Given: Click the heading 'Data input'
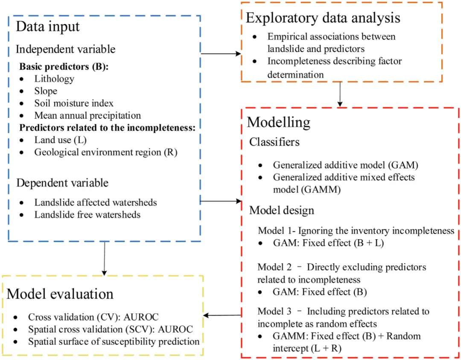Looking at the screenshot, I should point(48,26).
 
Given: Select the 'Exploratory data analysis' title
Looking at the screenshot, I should point(323,18).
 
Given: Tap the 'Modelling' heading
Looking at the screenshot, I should point(279,123).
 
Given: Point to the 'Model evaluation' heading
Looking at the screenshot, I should point(60,294).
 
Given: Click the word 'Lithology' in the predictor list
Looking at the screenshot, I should point(54,79).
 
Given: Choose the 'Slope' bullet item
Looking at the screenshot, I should point(46,91).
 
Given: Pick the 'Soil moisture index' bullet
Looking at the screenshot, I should point(74,103).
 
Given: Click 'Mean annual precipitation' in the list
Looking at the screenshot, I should point(88,115).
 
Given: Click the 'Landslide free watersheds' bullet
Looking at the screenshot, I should point(87,214).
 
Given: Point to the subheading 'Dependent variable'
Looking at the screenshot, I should point(62,183).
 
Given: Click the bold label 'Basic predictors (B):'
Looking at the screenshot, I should point(58,67).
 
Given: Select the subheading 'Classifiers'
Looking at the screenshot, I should point(275,142).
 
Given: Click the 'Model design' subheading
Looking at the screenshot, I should point(282,210).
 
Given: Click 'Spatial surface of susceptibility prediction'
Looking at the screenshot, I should point(114,342).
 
